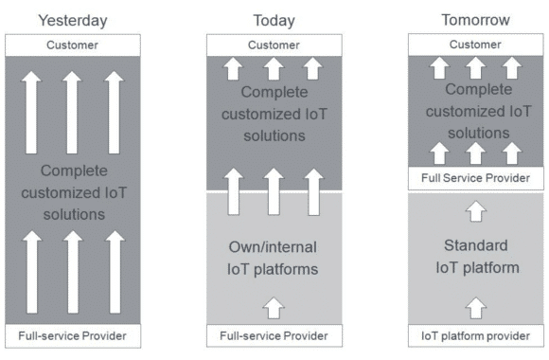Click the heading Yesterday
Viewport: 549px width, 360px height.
pyautogui.click(x=73, y=19)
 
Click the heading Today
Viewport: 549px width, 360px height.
pyautogui.click(x=273, y=19)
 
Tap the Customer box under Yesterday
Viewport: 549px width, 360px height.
pyautogui.click(x=73, y=45)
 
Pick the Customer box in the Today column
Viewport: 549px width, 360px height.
pyautogui.click(x=273, y=45)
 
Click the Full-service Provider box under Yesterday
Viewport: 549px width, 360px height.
pyautogui.click(x=73, y=336)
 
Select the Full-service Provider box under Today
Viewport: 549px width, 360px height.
pyautogui.click(x=273, y=336)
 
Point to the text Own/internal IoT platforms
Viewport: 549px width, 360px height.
pyautogui.click(x=273, y=258)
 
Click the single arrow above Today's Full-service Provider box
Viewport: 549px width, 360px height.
pyautogui.click(x=273, y=306)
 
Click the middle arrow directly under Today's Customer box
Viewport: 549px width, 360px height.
pyautogui.click(x=273, y=68)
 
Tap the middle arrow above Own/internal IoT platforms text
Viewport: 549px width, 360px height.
pyautogui.click(x=273, y=191)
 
